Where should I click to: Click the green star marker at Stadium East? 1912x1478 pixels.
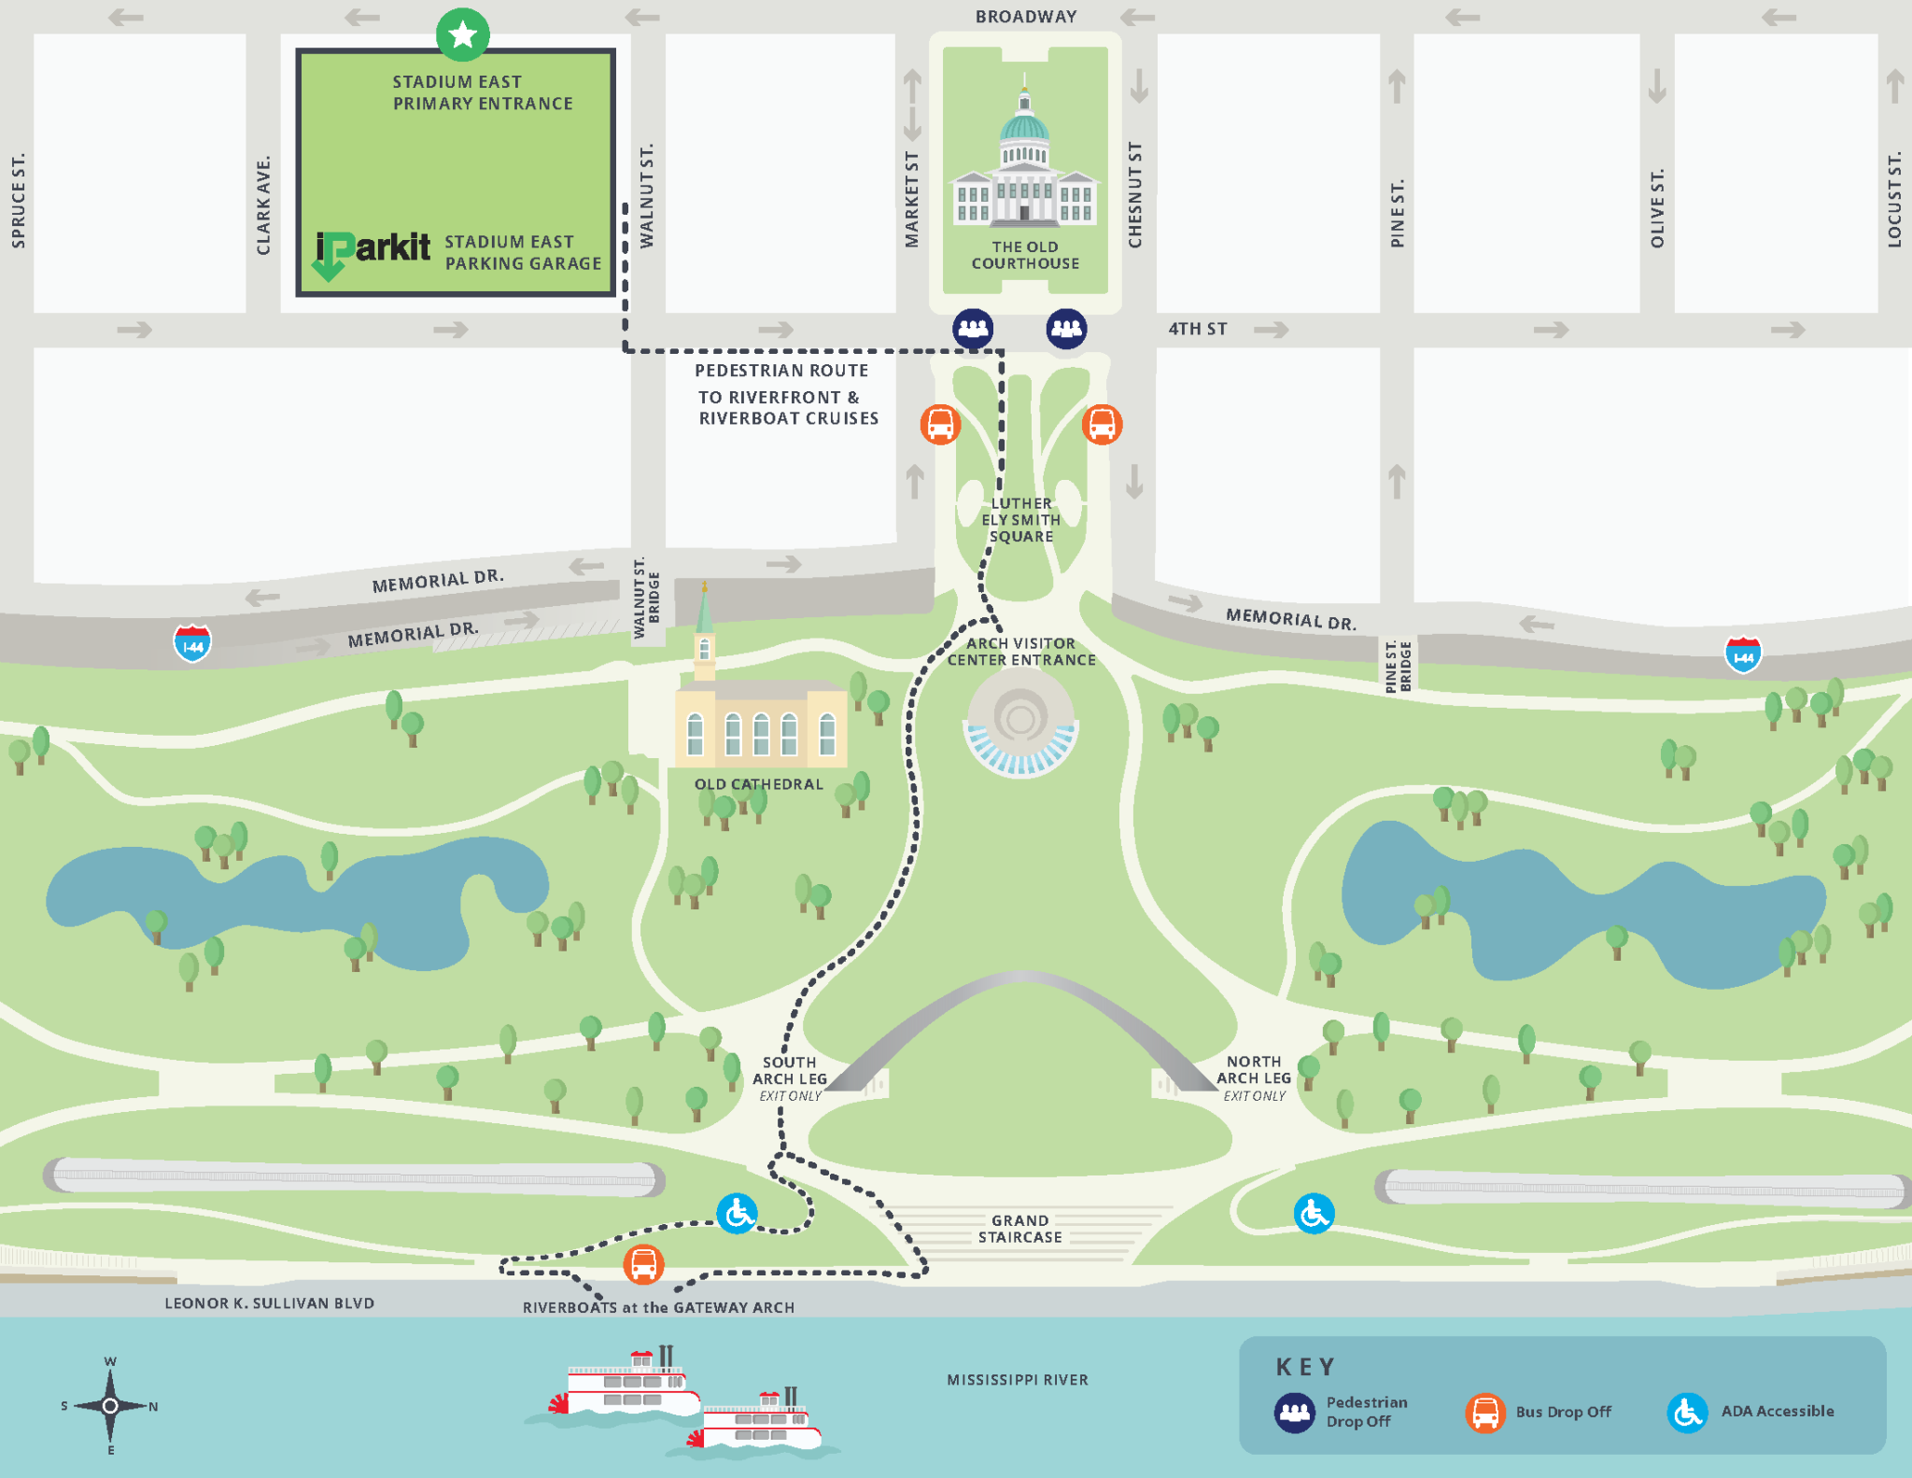click(462, 35)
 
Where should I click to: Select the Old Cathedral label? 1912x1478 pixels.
click(758, 784)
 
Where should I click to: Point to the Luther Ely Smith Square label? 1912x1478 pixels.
click(1020, 520)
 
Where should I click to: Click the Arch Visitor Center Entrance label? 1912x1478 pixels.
click(1021, 652)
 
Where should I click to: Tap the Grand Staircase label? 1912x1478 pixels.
click(1019, 1229)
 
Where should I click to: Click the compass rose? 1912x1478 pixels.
click(110, 1405)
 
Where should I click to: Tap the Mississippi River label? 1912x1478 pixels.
click(1018, 1380)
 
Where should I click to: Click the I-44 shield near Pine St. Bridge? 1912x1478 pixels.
click(1742, 655)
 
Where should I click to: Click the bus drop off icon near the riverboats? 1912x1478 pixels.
click(643, 1265)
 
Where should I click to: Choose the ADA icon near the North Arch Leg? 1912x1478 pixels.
click(1314, 1214)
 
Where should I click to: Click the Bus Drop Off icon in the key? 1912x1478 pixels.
click(1484, 1413)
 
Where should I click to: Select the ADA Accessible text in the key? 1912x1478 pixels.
click(1777, 1412)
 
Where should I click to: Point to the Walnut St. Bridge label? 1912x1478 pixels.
click(646, 598)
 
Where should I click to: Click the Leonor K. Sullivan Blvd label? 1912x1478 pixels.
click(269, 1303)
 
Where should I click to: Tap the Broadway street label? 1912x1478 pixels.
click(1026, 17)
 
